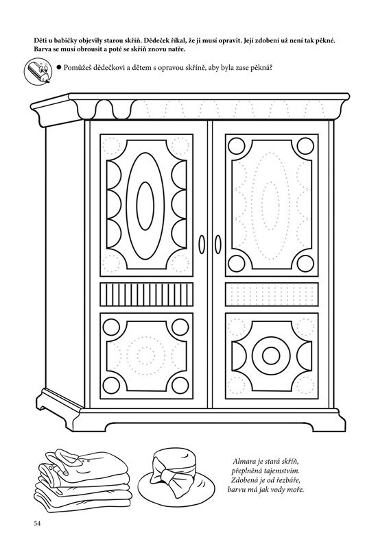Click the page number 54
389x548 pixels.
(x=38, y=523)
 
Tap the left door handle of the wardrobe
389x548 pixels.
(x=202, y=245)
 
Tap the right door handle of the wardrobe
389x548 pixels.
(x=217, y=245)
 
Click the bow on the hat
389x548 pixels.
(x=172, y=475)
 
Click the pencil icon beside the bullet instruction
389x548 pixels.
(x=38, y=71)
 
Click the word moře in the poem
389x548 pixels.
(x=296, y=489)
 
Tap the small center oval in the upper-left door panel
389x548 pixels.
(x=145, y=206)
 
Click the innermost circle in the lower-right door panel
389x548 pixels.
(x=272, y=356)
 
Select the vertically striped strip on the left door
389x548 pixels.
(x=146, y=295)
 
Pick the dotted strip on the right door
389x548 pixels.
(x=272, y=295)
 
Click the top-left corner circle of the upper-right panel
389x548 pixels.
(x=237, y=146)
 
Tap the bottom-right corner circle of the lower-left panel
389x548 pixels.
(x=181, y=386)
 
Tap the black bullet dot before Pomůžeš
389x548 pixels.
(x=59, y=67)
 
